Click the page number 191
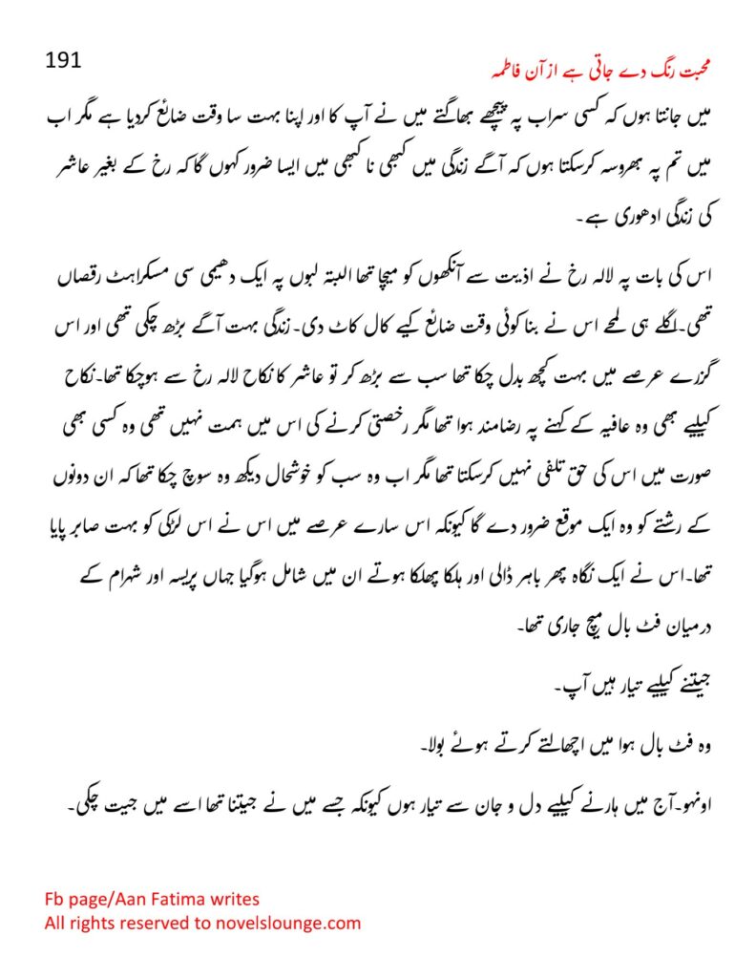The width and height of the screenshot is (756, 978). [x=64, y=60]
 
